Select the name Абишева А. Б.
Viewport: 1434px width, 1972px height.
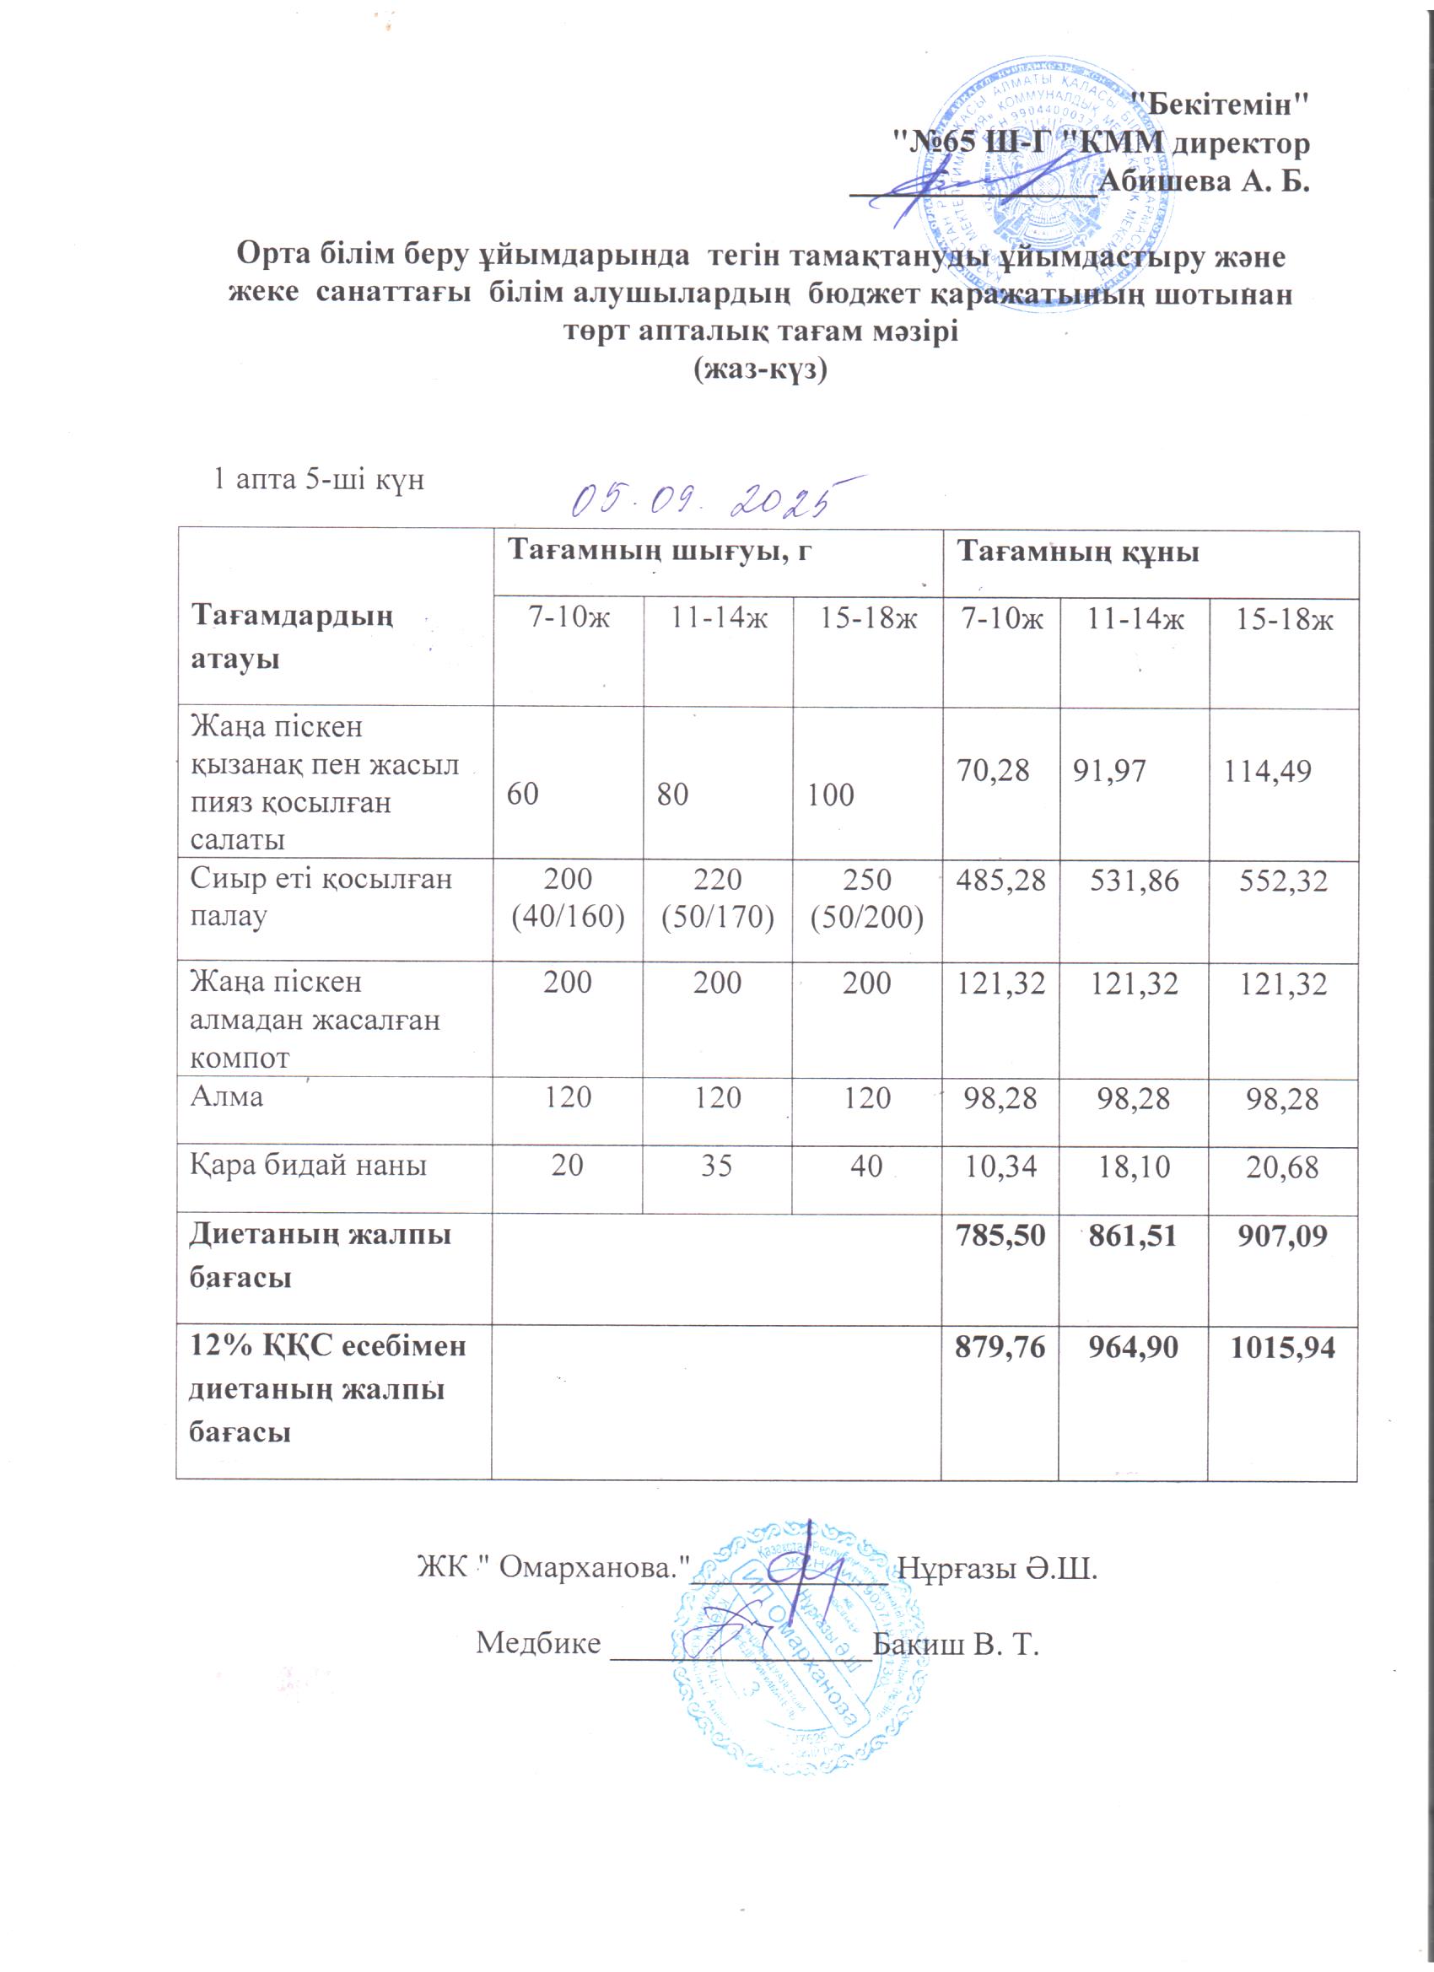click(x=1205, y=181)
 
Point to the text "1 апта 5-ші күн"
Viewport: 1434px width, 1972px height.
click(x=319, y=479)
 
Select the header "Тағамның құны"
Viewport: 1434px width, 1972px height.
click(x=1078, y=552)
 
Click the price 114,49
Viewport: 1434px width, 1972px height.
click(x=1267, y=771)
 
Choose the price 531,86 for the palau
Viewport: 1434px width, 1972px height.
click(x=1134, y=881)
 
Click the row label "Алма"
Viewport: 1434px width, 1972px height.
click(x=227, y=1096)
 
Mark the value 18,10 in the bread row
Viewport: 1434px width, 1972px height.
click(x=1134, y=1166)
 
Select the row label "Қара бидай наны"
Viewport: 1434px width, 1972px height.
click(x=309, y=1165)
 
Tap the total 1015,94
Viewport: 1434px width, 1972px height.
click(x=1282, y=1348)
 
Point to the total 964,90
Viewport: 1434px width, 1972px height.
click(x=1134, y=1348)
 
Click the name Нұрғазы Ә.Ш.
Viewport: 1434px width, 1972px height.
click(x=996, y=1570)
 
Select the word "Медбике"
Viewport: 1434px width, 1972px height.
click(x=538, y=1643)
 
